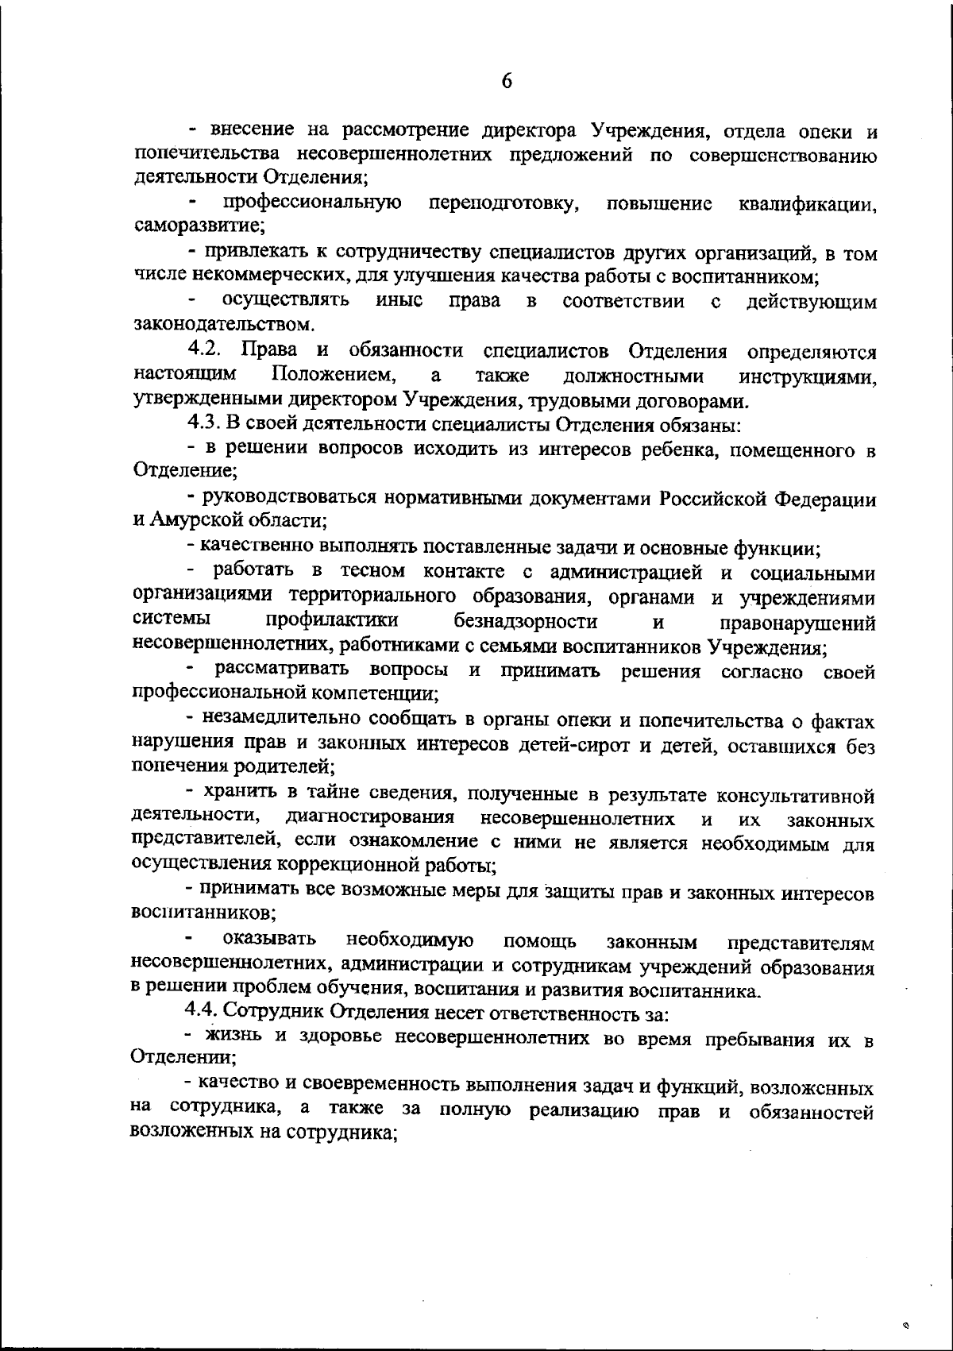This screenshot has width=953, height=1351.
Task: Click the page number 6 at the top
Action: point(507,82)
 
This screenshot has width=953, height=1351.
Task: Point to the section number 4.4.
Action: point(203,1013)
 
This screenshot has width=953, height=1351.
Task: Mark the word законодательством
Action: point(223,324)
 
